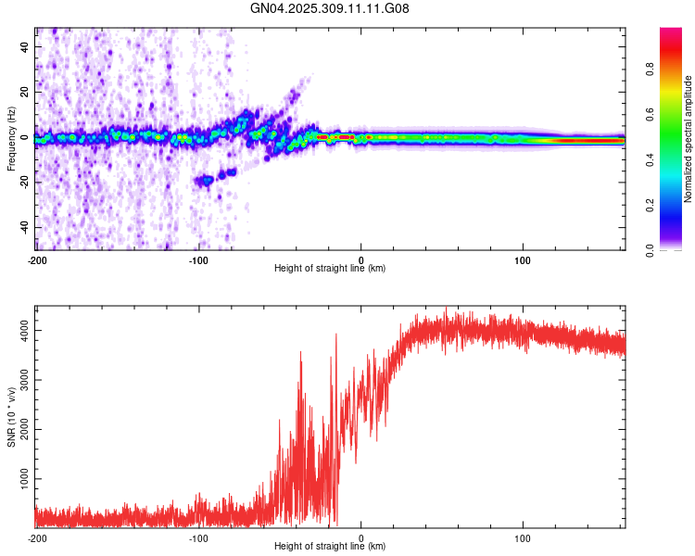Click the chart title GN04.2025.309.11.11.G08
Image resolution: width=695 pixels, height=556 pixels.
click(x=330, y=8)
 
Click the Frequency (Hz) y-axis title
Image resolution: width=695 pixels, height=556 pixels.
click(x=11, y=139)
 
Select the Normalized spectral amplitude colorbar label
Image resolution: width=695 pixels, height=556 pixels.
click(x=688, y=139)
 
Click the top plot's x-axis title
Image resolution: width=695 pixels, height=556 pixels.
click(x=330, y=268)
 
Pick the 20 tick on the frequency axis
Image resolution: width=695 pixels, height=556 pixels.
click(x=25, y=91)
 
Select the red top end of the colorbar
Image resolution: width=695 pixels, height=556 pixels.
click(x=671, y=32)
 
